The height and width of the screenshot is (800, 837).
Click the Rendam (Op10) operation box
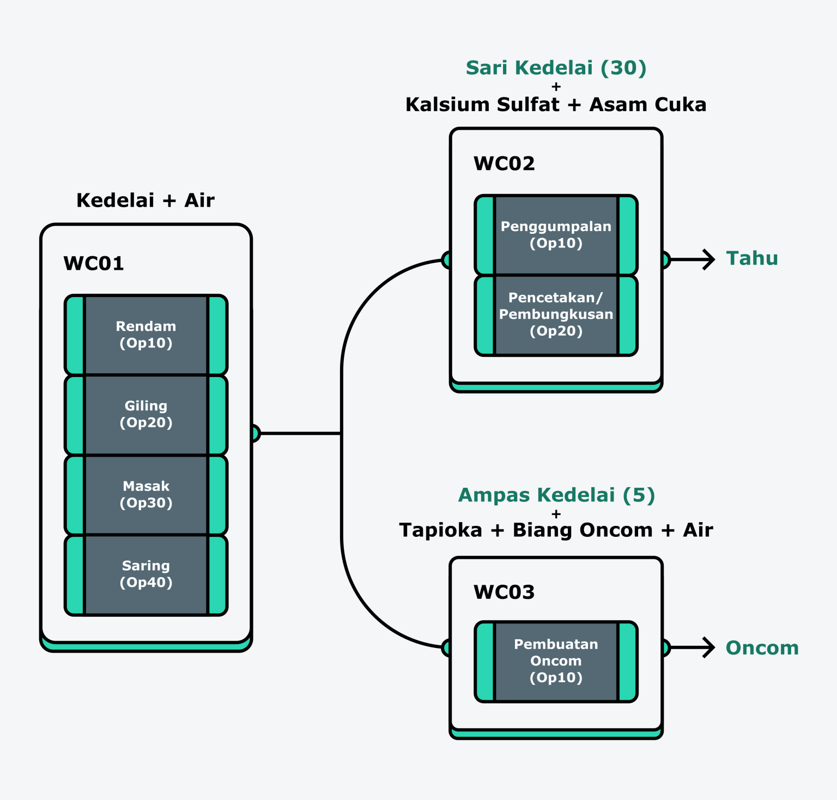(x=146, y=335)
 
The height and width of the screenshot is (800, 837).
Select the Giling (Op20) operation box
(x=146, y=414)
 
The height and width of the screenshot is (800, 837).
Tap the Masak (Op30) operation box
(x=146, y=494)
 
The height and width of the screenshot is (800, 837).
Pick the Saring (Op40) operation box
(x=146, y=574)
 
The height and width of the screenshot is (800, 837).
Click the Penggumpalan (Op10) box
(x=556, y=235)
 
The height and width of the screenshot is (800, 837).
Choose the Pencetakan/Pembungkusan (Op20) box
(x=556, y=315)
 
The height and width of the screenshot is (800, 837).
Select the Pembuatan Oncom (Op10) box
(x=556, y=661)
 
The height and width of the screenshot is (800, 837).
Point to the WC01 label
(x=94, y=264)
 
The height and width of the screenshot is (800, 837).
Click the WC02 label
(x=504, y=163)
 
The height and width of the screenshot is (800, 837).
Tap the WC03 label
(x=504, y=592)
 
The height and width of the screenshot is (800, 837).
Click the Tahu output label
(x=752, y=258)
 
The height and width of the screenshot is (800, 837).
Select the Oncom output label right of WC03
(x=762, y=648)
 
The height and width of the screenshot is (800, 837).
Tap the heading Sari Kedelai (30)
(x=556, y=68)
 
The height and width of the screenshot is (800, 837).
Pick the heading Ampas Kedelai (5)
(x=556, y=495)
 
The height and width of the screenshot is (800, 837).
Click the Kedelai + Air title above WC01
(x=145, y=201)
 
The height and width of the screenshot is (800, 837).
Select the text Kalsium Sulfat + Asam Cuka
(x=556, y=105)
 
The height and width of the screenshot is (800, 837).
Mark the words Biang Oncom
(x=583, y=530)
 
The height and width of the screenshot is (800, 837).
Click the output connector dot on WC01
(x=255, y=433)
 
